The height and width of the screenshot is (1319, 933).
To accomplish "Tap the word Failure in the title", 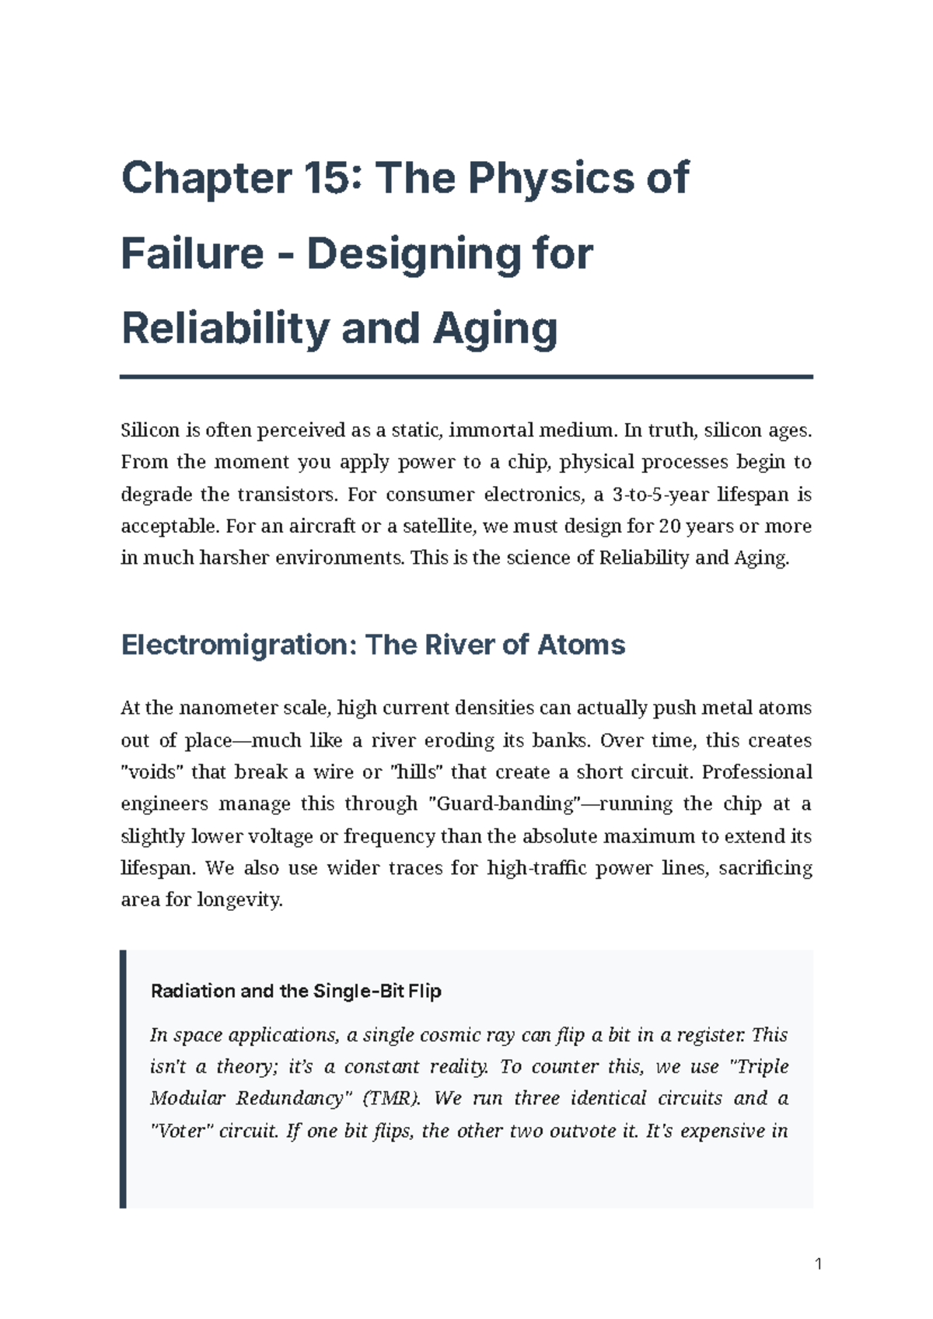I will point(192,254).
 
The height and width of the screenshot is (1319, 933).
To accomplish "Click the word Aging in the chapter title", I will point(494,328).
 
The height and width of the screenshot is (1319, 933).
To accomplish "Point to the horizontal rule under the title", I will point(466,377).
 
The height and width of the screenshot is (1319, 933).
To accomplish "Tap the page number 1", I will point(818,1264).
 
